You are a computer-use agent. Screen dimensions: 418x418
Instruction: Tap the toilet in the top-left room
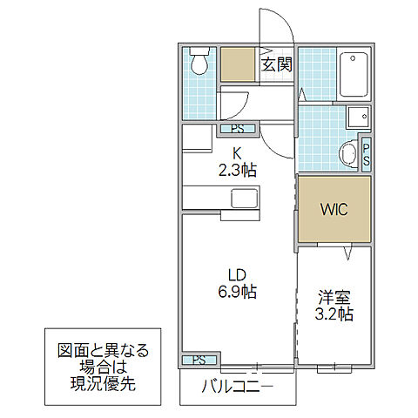[199, 63]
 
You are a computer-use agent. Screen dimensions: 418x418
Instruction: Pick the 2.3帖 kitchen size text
[237, 171]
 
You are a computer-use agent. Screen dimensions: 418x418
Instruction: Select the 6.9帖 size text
[237, 291]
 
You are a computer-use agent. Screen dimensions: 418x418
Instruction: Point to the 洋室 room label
[334, 297]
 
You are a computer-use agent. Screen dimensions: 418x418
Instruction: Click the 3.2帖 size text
[334, 314]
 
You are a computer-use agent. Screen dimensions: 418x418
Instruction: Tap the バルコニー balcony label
[237, 385]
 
